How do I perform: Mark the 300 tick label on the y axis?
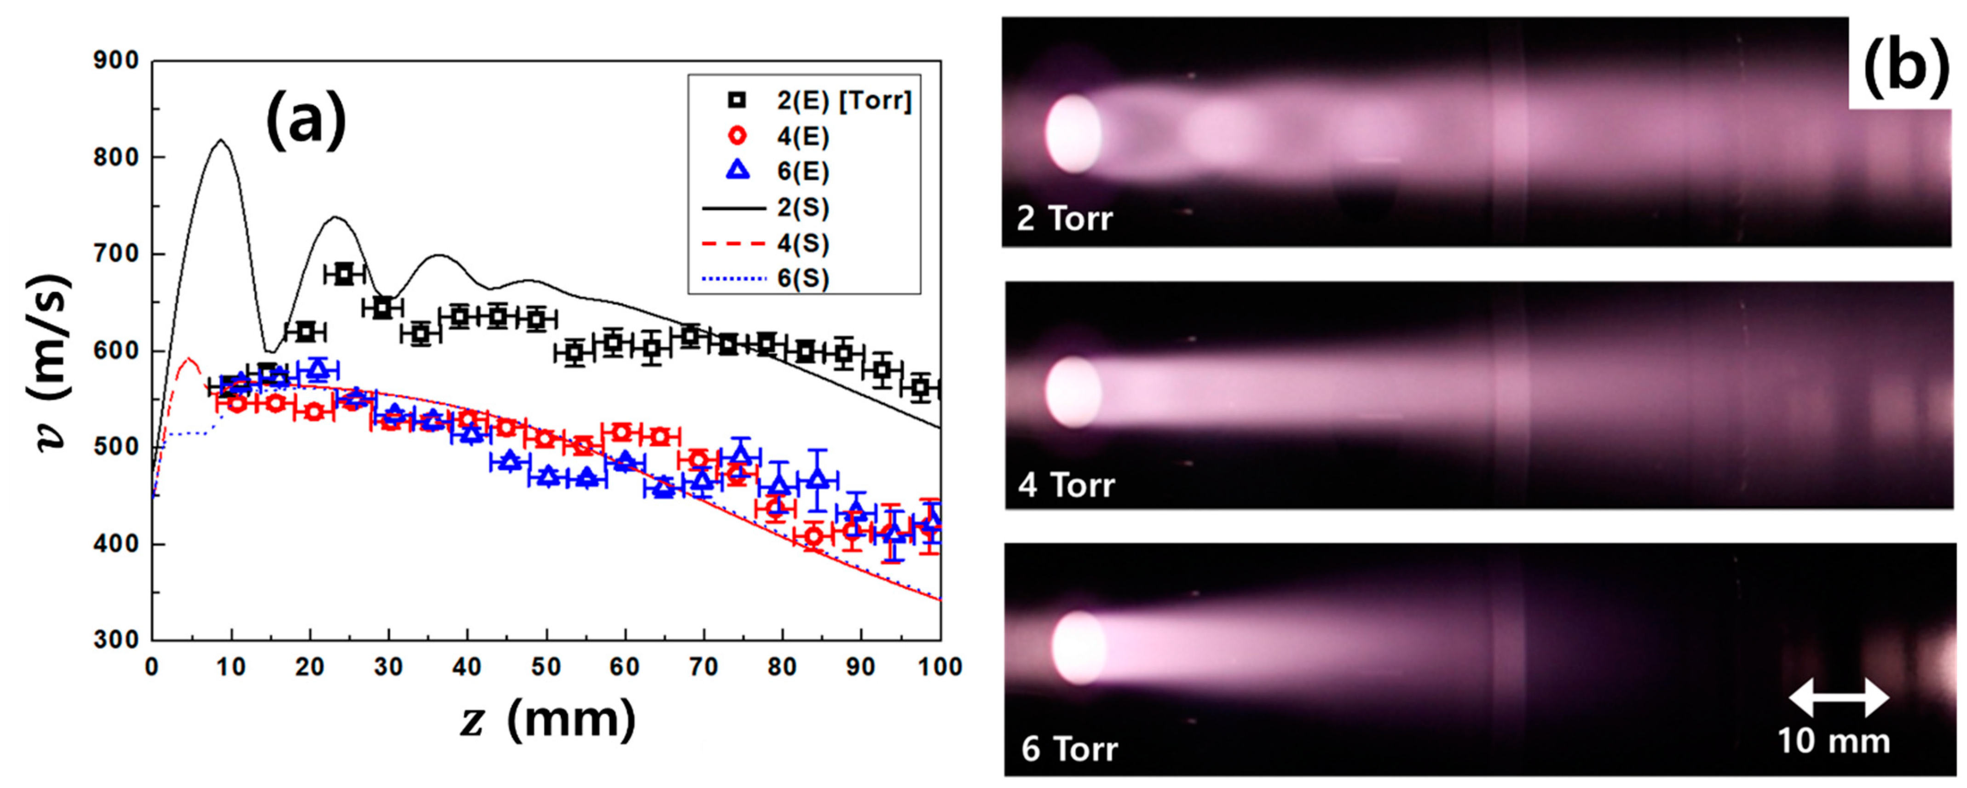(116, 640)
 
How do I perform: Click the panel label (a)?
(306, 122)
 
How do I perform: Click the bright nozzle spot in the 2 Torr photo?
(1073, 133)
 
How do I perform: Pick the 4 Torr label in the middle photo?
(1066, 486)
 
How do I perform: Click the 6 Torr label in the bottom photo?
(1069, 749)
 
